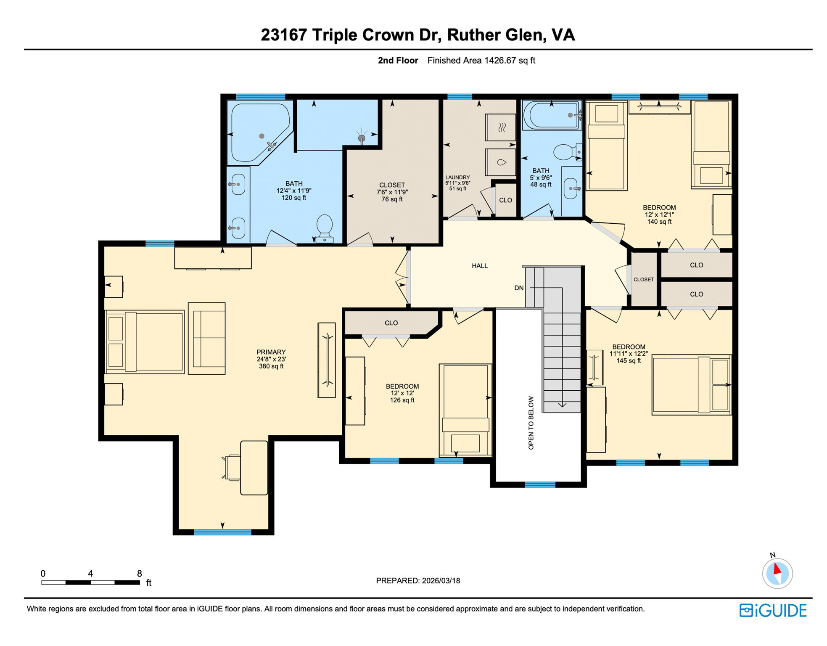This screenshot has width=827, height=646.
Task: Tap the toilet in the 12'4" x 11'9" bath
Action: pos(324,228)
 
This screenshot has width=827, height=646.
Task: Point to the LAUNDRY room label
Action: pos(457,178)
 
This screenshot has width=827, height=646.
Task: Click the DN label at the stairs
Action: pos(519,288)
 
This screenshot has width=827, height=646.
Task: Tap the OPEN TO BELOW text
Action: pos(531,423)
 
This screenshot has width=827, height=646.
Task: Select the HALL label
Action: pos(479,266)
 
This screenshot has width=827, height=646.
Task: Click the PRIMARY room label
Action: pos(271,352)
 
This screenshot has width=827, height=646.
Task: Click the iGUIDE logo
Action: pos(773,610)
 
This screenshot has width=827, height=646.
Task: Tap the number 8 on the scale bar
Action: pos(139,574)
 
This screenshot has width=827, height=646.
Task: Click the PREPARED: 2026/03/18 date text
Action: pos(417,581)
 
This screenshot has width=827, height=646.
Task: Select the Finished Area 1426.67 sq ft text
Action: pos(481,61)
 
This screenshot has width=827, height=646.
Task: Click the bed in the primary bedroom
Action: pos(145,342)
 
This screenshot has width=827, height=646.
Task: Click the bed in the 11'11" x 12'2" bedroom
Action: pos(691,385)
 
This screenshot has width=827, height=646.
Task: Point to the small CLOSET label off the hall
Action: pos(643,280)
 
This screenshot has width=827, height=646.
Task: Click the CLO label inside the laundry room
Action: pos(505,200)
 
